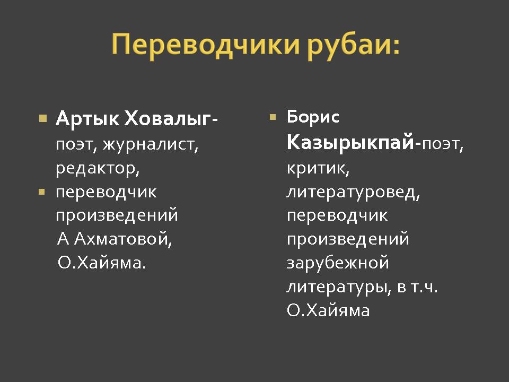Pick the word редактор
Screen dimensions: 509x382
click(x=95, y=169)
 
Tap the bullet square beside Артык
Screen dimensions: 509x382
click(x=43, y=118)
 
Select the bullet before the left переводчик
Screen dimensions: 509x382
click(x=41, y=192)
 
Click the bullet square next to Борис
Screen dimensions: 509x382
click(x=273, y=117)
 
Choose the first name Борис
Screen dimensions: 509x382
click(x=313, y=117)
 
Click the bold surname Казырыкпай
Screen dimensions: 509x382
click(x=350, y=142)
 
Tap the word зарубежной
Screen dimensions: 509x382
click(x=338, y=263)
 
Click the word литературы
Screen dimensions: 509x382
click(x=336, y=287)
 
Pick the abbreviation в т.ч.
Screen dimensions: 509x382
click(x=417, y=287)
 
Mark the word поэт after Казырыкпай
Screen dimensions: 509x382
click(x=440, y=144)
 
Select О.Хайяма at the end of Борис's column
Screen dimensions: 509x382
click(x=328, y=310)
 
